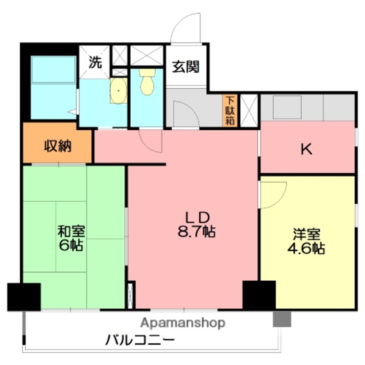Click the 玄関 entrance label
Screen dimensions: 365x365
click(x=186, y=67)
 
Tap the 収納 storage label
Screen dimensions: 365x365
click(x=58, y=146)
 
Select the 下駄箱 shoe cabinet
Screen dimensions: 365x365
click(x=230, y=111)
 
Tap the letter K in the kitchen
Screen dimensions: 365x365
click(x=306, y=150)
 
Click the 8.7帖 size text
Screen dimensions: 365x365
click(x=196, y=232)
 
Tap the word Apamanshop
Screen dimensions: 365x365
click(x=183, y=323)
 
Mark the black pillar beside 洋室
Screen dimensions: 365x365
click(x=259, y=295)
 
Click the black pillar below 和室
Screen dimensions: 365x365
click(x=24, y=296)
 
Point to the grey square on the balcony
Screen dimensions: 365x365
click(x=282, y=319)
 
